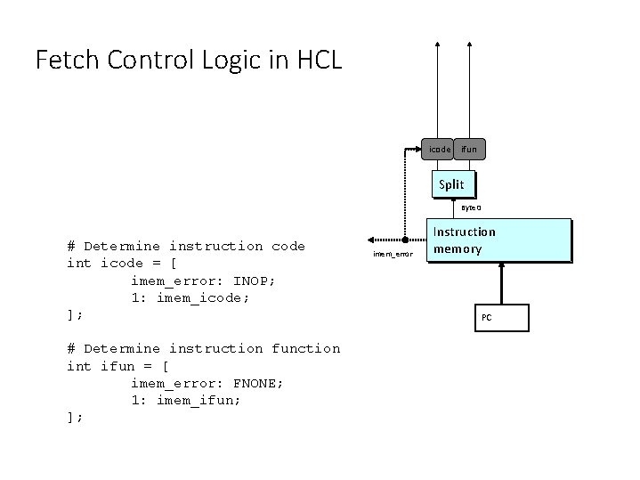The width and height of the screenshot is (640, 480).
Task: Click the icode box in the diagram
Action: pos(438,151)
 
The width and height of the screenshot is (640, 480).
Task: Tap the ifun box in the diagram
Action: pos(469,151)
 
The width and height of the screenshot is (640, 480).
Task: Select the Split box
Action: pos(451,185)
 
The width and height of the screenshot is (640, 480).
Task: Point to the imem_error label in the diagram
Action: pos(393,255)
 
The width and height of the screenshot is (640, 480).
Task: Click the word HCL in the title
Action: pos(313,60)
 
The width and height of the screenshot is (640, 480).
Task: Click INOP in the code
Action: pos(252,281)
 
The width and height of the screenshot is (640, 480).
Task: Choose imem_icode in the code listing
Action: pos(203,297)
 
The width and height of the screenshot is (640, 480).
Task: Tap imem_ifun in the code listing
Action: pos(198,400)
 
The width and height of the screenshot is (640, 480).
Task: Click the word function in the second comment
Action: pos(305,348)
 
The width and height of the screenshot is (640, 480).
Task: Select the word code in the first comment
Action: pos(289,246)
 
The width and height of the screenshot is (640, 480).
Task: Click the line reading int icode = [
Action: pos(121,263)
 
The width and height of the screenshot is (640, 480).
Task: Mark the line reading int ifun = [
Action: pos(117,365)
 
